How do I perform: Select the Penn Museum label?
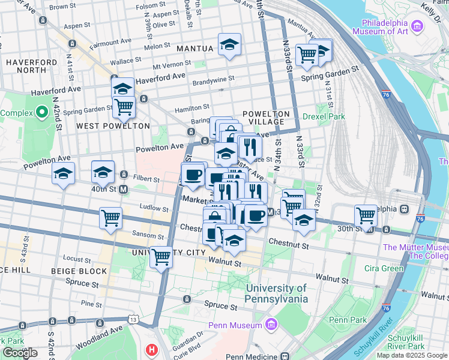235,325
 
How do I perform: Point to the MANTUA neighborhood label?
195,48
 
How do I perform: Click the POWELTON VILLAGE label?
266,118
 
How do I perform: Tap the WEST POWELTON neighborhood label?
113,126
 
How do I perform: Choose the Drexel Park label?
324,116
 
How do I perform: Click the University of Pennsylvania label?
277,293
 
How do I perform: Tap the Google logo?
20,353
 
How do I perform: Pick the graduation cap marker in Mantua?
229,46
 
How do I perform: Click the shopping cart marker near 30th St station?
366,215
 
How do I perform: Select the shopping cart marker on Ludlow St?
111,218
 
